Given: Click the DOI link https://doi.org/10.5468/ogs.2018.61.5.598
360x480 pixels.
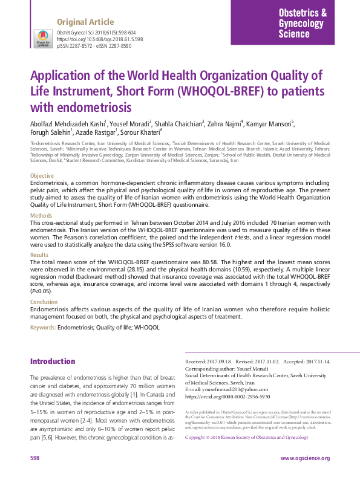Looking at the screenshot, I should (x=100, y=39).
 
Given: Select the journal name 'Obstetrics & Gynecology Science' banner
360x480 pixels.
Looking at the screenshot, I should (x=303, y=24).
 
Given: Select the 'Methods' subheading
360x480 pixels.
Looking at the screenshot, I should (x=41, y=215).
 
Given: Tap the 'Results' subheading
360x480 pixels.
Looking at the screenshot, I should (x=40, y=255).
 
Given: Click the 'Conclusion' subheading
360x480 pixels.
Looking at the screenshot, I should (x=44, y=302).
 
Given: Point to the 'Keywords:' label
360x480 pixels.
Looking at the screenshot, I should (x=43, y=327).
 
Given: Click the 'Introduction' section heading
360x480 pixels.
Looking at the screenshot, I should (x=53, y=362).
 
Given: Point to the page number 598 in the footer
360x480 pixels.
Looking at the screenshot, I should (x=36, y=458).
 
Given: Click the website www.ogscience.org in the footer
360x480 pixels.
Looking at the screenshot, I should (x=305, y=458).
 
